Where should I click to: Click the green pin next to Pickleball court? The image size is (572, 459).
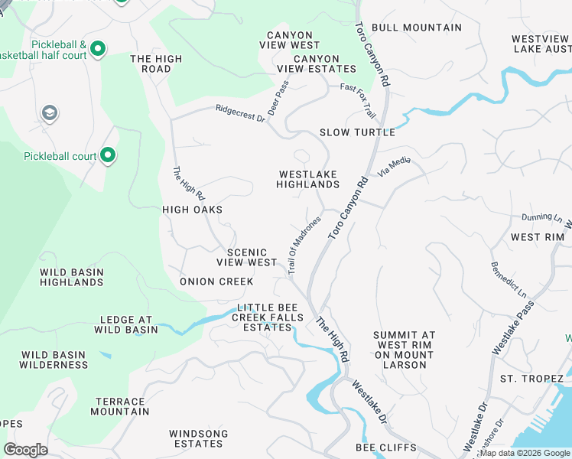pyautogui.click(x=108, y=156)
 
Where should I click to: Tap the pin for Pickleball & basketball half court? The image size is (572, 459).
pyautogui.click(x=97, y=50)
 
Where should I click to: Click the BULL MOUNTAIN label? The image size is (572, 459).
pyautogui.click(x=416, y=28)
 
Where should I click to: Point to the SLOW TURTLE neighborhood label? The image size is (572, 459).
pyautogui.click(x=357, y=132)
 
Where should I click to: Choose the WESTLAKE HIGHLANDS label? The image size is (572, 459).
pyautogui.click(x=307, y=179)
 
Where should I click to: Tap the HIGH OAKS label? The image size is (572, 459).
pyautogui.click(x=192, y=210)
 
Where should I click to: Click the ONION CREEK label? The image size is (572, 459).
pyautogui.click(x=216, y=282)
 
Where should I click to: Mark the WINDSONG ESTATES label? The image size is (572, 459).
pyautogui.click(x=199, y=438)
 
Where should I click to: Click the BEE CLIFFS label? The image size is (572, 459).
pyautogui.click(x=385, y=448)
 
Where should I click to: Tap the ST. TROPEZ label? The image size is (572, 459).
pyautogui.click(x=531, y=379)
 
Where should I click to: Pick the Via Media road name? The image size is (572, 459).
pyautogui.click(x=395, y=164)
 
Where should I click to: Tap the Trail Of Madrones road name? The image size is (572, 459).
pyautogui.click(x=304, y=243)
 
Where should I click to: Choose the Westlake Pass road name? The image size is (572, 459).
pyautogui.click(x=514, y=327)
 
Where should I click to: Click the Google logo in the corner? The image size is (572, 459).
pyautogui.click(x=25, y=450)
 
